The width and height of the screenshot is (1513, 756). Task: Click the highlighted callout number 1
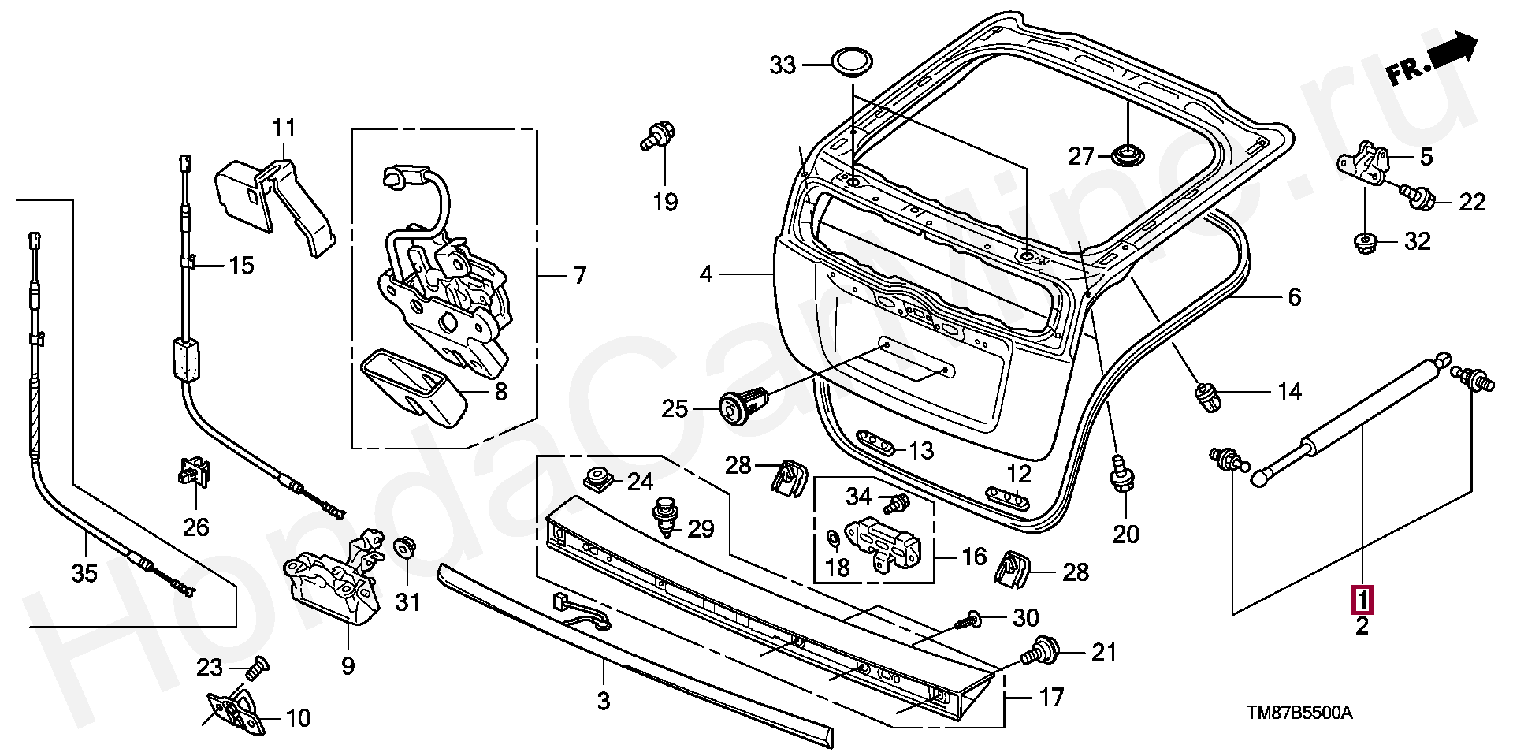pyautogui.click(x=1362, y=600)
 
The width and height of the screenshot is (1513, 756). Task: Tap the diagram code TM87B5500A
pyautogui.click(x=1299, y=713)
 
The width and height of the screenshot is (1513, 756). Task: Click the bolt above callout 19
pyautogui.click(x=658, y=136)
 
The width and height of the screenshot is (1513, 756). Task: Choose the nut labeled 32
pyautogui.click(x=1364, y=242)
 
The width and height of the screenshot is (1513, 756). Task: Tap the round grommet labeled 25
pyautogui.click(x=743, y=404)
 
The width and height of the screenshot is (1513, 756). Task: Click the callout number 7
pyautogui.click(x=580, y=275)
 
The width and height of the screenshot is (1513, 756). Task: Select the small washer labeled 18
pyautogui.click(x=832, y=538)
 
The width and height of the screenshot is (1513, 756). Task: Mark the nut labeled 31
pyautogui.click(x=404, y=546)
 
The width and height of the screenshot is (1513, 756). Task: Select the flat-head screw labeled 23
pyautogui.click(x=255, y=669)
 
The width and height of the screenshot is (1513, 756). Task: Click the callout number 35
pyautogui.click(x=84, y=573)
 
